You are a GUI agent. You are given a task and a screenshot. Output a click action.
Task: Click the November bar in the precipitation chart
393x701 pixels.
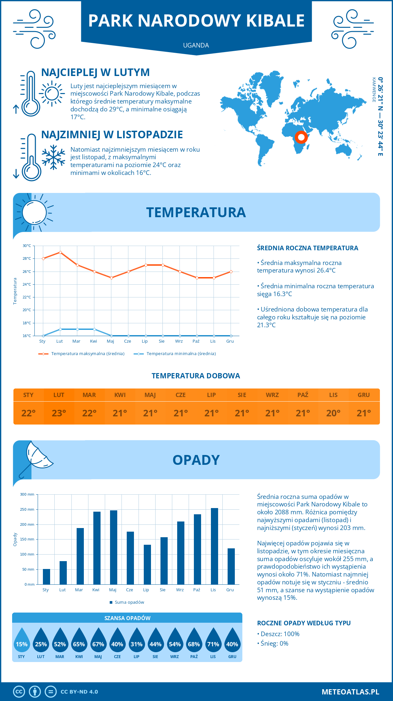tap(214, 546)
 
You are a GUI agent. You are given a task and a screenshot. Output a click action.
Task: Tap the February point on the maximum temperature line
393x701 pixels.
tap(60, 252)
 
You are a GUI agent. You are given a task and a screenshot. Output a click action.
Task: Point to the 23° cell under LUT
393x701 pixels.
tap(59, 413)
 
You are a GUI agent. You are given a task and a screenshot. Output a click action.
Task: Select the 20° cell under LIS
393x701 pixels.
tap(333, 413)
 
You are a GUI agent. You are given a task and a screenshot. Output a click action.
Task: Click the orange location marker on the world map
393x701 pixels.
tap(301, 137)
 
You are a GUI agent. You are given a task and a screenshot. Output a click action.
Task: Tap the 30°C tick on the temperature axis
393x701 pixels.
tap(27, 246)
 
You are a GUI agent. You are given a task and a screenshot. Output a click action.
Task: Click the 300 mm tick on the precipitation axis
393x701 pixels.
tap(27, 494)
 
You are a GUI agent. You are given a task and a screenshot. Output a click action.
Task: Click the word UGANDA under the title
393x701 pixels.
tap(196, 45)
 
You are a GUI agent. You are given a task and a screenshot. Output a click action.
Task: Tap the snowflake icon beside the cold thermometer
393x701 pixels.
tap(53, 157)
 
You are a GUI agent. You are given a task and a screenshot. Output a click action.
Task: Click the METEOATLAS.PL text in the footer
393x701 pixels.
tap(350, 692)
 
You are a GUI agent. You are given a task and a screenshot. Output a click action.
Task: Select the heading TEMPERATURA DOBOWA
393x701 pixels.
tap(196, 376)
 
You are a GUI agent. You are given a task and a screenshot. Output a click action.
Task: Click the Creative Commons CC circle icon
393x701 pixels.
tap(19, 692)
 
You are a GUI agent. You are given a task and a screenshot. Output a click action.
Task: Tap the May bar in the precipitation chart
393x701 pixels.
tap(113, 547)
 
